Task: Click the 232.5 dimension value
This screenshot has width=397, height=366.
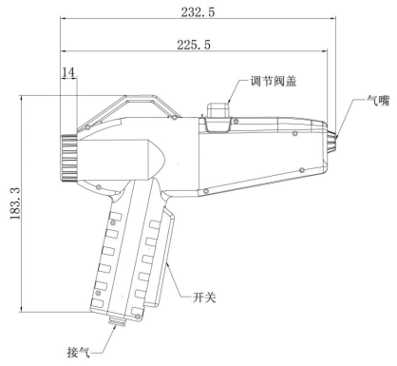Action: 198,12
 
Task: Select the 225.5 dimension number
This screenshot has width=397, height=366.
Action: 194,45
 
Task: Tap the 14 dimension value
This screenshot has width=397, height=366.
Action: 68,72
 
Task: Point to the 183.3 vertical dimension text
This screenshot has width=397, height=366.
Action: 15,203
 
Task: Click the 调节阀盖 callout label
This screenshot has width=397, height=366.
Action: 274,81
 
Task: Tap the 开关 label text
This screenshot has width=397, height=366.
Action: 204,298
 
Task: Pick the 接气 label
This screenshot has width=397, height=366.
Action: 79,352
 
